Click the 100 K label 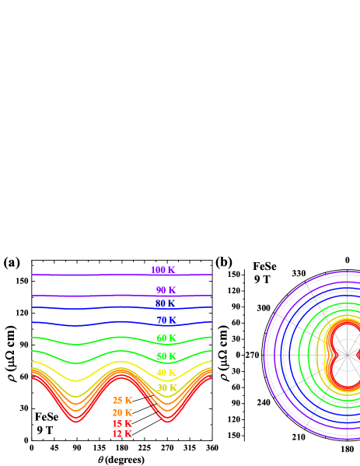(x=163, y=270)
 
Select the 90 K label (x=166, y=290)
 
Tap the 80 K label (x=165, y=303)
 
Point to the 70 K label (x=166, y=320)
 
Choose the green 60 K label (x=166, y=338)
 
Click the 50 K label (x=166, y=356)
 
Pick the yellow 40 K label (x=166, y=373)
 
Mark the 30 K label (x=166, y=387)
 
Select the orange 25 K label (x=122, y=401)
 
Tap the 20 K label (x=122, y=412)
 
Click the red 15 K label (x=122, y=424)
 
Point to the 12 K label (x=122, y=434)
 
